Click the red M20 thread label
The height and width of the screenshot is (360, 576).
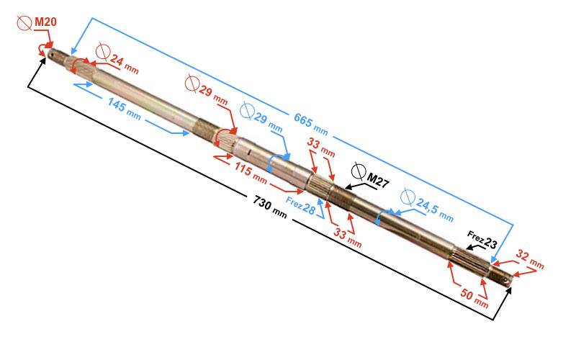pos(45,22)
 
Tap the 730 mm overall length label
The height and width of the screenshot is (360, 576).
pos(269,207)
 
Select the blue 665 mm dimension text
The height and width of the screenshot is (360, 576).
pos(311,124)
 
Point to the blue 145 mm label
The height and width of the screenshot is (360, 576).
pos(124,109)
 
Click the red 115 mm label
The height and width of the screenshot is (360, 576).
pos(251,173)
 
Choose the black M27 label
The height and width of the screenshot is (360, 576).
pos(377,181)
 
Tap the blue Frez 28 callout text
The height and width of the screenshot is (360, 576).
pos(300,206)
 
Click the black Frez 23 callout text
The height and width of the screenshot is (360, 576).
pos(482,240)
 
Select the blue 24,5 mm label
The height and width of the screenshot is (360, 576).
pos(435,210)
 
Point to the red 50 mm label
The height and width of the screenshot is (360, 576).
pos(474,298)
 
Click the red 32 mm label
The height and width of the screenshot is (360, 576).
pos(530,259)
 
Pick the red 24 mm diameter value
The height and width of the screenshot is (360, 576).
pos(124,63)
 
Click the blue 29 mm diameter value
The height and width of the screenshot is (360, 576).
pos(268,122)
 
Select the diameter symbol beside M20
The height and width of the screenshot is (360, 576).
pos(24,23)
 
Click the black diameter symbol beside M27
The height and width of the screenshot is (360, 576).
pos(359,171)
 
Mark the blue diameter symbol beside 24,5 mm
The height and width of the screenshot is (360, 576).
pos(407,197)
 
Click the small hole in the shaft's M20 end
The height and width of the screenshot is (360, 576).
pos(53,56)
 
